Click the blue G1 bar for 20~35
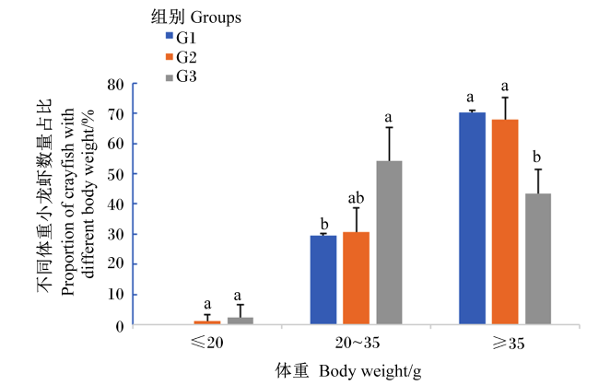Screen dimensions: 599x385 (323, 280)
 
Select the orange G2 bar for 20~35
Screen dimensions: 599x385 (356, 278)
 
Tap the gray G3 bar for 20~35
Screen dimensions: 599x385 (389, 242)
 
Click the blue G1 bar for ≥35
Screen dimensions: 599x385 (472, 218)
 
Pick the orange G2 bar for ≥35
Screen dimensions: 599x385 (505, 222)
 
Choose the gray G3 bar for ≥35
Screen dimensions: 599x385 (538, 259)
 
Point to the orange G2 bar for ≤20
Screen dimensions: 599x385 (207, 322)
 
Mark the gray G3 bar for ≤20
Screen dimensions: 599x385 (241, 321)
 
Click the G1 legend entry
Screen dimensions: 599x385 (181, 38)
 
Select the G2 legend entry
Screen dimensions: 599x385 (181, 57)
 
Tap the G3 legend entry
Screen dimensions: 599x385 (181, 76)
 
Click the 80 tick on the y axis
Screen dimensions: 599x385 (116, 85)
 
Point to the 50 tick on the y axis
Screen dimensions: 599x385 (116, 174)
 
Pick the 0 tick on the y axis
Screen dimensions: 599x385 (120, 327)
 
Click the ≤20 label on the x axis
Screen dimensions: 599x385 (206, 343)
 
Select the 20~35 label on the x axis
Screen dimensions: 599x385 (358, 343)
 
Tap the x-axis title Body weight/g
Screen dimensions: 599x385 (370, 371)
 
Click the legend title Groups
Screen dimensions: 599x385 (216, 17)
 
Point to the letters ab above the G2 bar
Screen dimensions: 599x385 (356, 198)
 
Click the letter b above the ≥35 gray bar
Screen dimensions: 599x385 (536, 157)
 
